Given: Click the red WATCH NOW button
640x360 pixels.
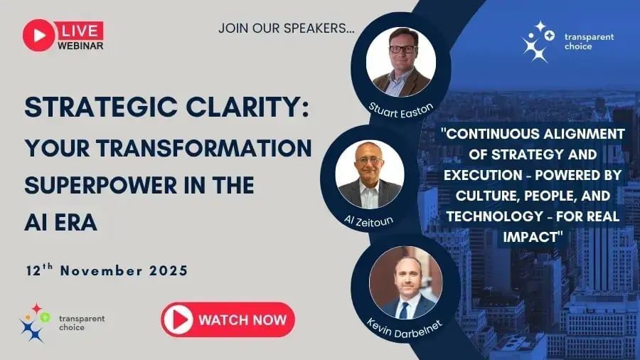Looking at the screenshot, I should (228, 319).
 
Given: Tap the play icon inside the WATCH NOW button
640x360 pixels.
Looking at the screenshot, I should (178, 319).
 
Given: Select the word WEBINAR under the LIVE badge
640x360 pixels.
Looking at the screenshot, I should (80, 46).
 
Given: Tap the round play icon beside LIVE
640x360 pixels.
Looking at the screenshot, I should (38, 35).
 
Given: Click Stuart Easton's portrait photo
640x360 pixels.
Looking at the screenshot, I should (400, 62).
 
